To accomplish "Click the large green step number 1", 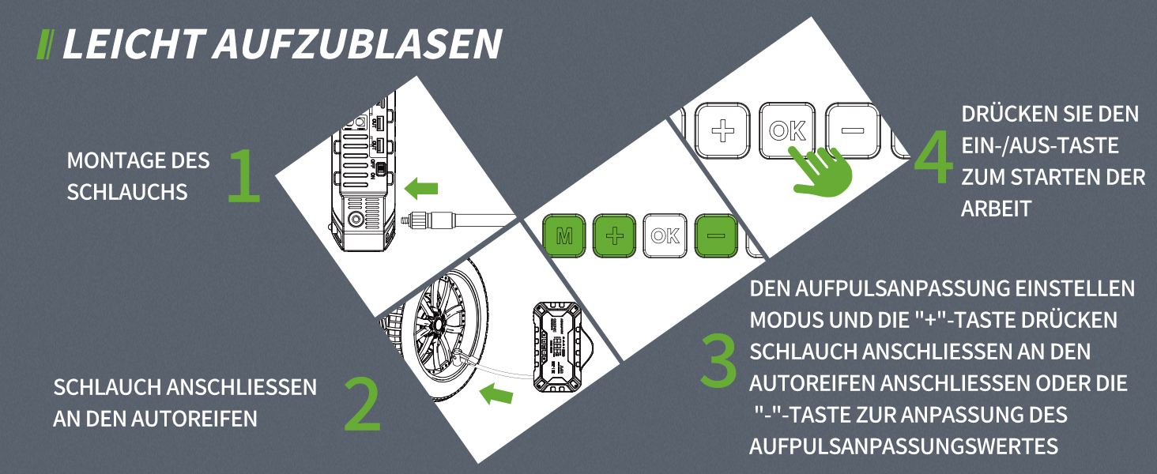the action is (x=244, y=175).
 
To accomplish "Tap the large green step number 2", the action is (x=363, y=404).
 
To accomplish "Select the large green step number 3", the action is (x=718, y=361).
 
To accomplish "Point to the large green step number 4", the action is (x=933, y=157).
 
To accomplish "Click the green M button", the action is (x=564, y=236).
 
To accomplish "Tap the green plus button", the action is (x=614, y=236).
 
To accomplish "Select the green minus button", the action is (x=715, y=236).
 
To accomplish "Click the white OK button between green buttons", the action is (x=665, y=236).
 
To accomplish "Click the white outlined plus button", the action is (x=722, y=130).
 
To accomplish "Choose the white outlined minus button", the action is (x=852, y=130).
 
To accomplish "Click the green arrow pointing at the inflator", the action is (x=421, y=188).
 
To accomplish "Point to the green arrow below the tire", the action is (x=496, y=394).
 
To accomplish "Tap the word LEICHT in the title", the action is (x=134, y=44).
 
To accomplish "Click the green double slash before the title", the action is (x=45, y=44).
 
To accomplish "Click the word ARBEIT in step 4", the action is (x=996, y=209).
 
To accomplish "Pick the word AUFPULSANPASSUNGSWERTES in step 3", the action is (x=903, y=446).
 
